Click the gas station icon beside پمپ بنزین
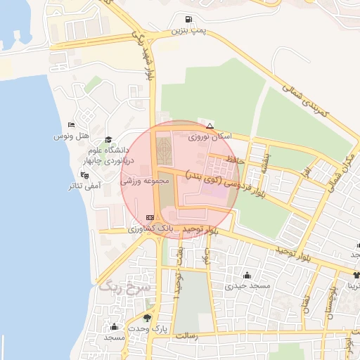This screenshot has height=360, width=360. pos(187,20)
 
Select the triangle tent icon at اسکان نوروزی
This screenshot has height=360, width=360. pos(209,125)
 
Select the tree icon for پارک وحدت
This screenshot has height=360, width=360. pos(147,317)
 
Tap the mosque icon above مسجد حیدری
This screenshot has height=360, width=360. pos(247,274)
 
